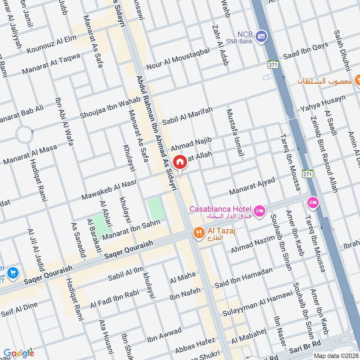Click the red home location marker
[180, 162]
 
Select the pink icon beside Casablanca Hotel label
[259, 211]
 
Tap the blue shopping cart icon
[13, 272]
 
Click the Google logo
[18, 353]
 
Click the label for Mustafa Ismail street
[235, 132]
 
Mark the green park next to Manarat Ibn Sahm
[155, 209]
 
